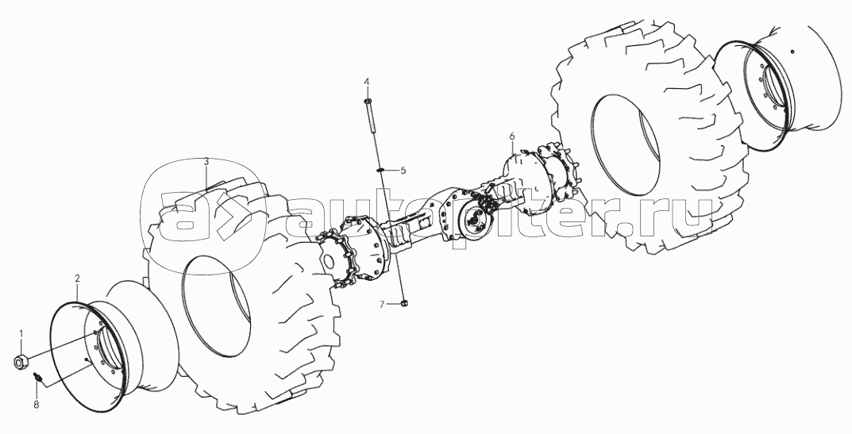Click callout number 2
click(x=77, y=278)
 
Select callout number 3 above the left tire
click(x=206, y=162)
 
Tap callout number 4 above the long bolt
click(x=367, y=83)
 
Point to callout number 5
click(x=403, y=171)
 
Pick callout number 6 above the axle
click(x=512, y=137)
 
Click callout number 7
click(x=382, y=304)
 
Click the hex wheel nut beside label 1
click(x=22, y=361)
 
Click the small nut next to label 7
click(x=404, y=302)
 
